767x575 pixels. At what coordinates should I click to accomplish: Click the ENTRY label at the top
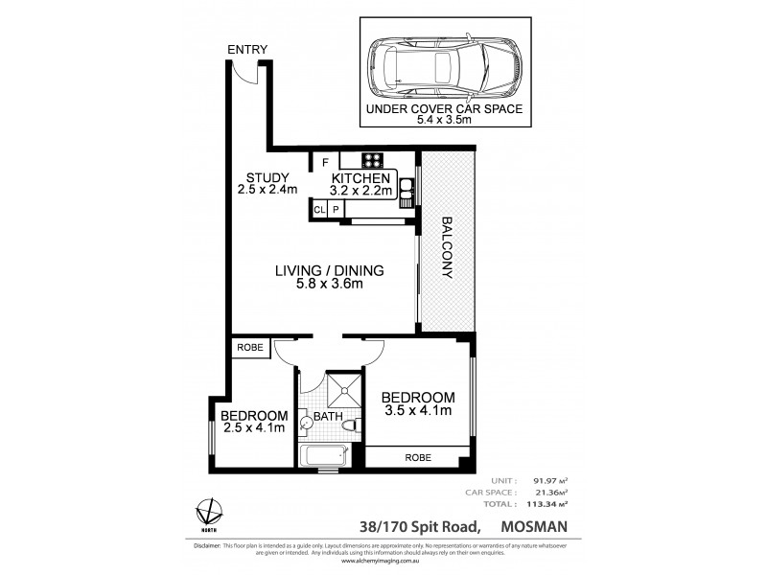point(247,50)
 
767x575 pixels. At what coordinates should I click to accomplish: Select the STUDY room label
point(263,177)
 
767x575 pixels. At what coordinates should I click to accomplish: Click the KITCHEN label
point(360,178)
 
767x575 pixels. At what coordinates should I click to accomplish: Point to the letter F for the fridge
point(326,161)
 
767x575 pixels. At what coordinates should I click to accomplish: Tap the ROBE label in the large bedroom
point(418,457)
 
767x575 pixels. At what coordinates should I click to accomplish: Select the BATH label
point(327,418)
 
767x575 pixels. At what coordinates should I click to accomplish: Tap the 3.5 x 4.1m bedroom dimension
point(416,412)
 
